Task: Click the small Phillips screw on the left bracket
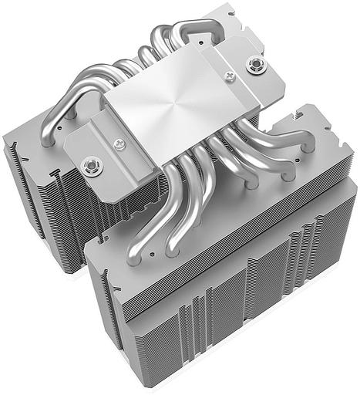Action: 119,144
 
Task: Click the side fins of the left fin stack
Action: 31,193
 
